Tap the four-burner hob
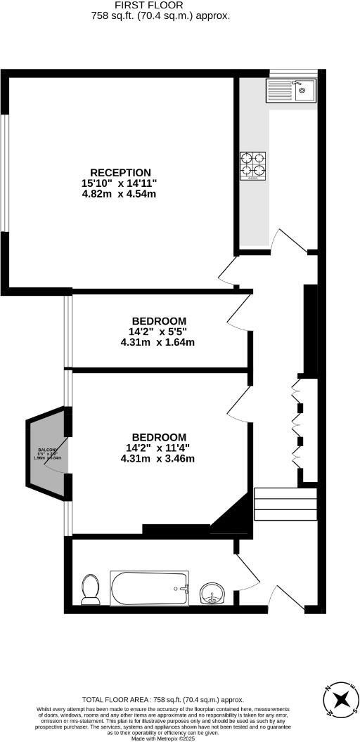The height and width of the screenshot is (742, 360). (x=254, y=164)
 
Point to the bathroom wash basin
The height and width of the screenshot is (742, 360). (x=212, y=594)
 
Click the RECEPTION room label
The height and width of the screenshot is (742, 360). (x=120, y=172)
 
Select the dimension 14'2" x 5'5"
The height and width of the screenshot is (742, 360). (x=157, y=332)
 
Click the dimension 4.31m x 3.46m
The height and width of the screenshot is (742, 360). (x=157, y=459)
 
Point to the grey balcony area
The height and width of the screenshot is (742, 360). (x=46, y=453)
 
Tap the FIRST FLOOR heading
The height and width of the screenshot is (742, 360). (x=160, y=5)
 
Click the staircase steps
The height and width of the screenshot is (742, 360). (x=276, y=502)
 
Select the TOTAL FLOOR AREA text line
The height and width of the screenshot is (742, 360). (x=163, y=699)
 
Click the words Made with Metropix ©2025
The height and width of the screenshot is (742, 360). (x=163, y=738)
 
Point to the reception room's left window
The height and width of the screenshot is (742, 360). (x=4, y=172)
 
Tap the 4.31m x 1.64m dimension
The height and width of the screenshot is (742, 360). (x=157, y=343)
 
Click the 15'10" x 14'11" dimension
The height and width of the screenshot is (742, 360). (x=119, y=183)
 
